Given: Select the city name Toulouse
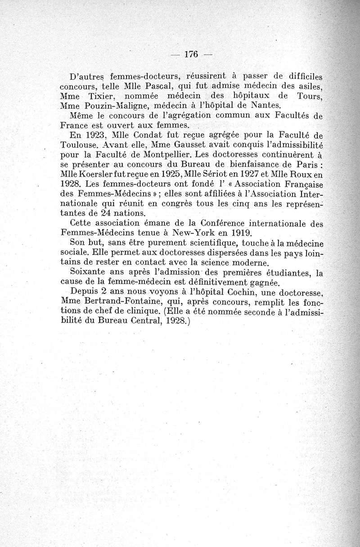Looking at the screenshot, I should click(x=79, y=145).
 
